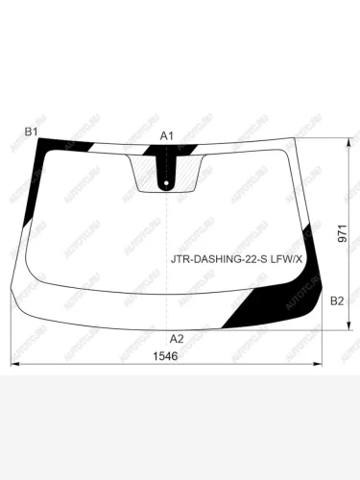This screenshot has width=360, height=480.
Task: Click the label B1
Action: [30, 132]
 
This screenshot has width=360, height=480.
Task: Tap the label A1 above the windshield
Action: [167, 135]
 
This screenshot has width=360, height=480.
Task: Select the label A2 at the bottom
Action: [176, 339]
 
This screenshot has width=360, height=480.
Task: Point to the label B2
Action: [336, 301]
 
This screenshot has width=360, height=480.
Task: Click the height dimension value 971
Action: [343, 238]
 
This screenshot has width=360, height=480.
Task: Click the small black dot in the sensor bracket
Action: [167, 183]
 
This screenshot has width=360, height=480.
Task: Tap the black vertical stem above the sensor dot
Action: [167, 170]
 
